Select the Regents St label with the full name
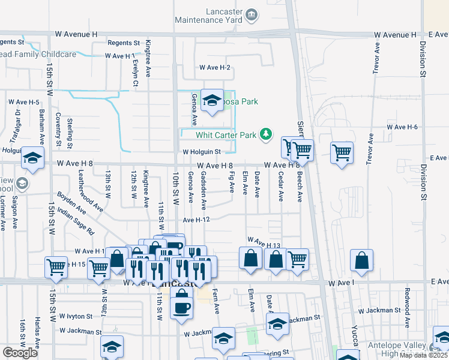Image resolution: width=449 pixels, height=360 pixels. tap(124, 43)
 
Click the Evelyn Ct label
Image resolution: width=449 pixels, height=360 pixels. tap(135, 73)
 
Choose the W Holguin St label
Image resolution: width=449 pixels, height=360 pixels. tap(202, 152)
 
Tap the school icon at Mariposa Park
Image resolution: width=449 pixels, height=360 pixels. tap(211, 102)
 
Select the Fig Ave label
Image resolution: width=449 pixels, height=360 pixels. tap(232, 181)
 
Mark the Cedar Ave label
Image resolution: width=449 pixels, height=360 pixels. tap(280, 183)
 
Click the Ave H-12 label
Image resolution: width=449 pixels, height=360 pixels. tap(196, 220)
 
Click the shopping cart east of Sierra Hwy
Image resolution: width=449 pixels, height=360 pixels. tap(342, 152)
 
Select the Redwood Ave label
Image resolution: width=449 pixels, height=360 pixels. tap(407, 307)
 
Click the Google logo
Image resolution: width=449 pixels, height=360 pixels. tap(20, 352)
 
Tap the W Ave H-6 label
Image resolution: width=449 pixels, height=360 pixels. tap(402, 127)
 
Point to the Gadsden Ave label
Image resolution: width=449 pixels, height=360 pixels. tap(204, 186)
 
